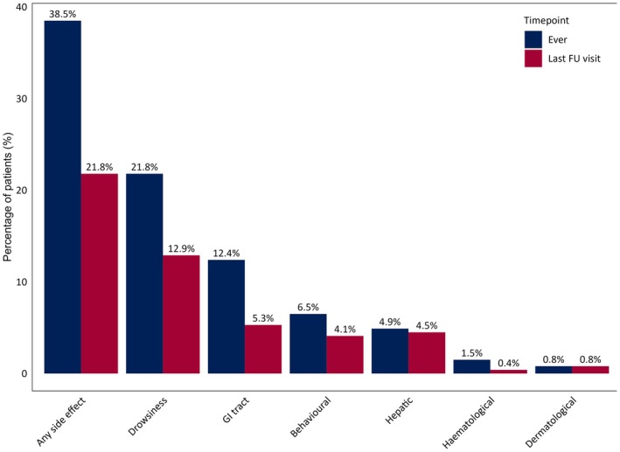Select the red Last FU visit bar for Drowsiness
(x=181, y=314)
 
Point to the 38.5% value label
(x=63, y=14)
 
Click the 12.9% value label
(x=181, y=249)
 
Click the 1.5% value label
(x=471, y=353)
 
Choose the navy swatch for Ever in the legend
(x=533, y=39)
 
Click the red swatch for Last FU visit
(x=533, y=59)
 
